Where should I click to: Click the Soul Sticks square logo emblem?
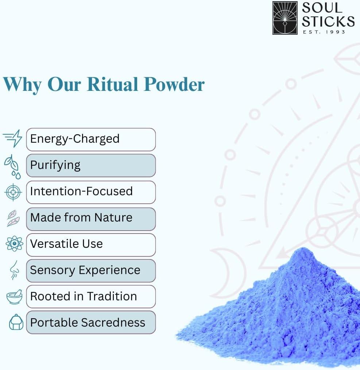coord(285,18)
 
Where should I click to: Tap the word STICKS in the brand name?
coord(328,22)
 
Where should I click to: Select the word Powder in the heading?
coord(174,84)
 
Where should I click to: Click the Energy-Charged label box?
coord(91,139)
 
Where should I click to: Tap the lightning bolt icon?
coord(13,138)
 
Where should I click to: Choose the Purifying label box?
coord(91,165)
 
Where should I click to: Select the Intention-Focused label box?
coord(91,192)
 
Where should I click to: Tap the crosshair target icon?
coord(13,192)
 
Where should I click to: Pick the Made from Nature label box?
coord(91,219)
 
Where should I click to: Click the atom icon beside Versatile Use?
coord(14,243)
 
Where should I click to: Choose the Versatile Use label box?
coord(91,245)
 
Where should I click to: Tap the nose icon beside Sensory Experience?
coord(14,270)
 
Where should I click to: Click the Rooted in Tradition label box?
coord(91,297)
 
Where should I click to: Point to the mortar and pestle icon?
coord(14,297)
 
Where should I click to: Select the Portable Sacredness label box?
coord(91,322)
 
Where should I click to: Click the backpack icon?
coord(16,322)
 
